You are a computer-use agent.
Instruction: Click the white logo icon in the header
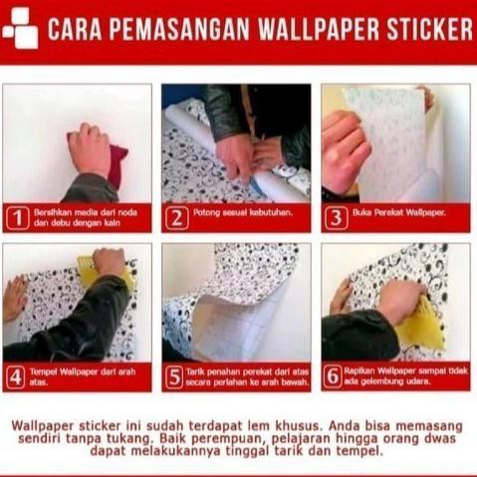coord(19,30)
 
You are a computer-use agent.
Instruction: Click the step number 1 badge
coord(17,217)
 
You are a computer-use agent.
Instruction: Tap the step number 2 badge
coord(176,217)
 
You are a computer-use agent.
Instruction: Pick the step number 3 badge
coord(336,217)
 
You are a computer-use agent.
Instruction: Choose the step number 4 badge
coord(17,376)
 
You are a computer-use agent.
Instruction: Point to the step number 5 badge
coord(176,376)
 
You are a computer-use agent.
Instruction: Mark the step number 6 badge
coord(336,376)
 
